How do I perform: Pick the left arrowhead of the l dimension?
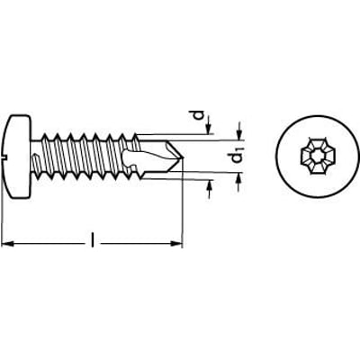(7, 244)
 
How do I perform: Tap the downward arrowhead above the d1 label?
(238, 128)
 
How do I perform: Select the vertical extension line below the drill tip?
(183, 207)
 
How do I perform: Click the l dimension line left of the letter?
(49, 244)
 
